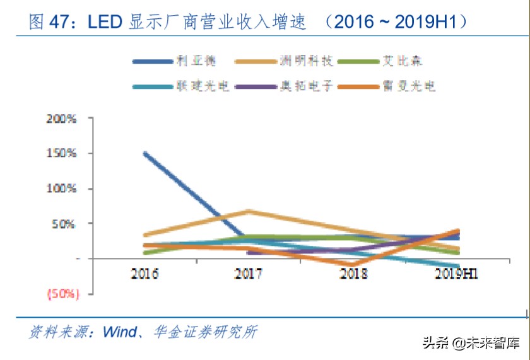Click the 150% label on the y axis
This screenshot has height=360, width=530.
tap(61, 153)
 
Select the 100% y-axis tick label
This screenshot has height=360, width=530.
tap(61, 189)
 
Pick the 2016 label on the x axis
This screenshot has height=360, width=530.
tap(144, 274)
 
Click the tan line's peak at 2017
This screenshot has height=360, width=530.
tap(249, 211)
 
